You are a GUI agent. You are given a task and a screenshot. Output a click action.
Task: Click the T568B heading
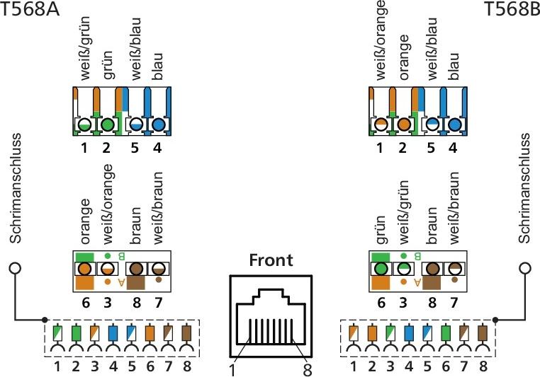click(x=511, y=9)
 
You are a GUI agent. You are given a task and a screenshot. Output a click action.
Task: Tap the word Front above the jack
click(x=271, y=260)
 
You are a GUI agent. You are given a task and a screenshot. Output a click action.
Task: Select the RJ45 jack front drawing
click(x=270, y=315)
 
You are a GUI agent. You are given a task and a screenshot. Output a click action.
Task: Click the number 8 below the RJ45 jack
click(x=307, y=369)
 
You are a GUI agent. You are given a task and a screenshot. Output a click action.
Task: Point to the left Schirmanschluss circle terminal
click(x=14, y=269)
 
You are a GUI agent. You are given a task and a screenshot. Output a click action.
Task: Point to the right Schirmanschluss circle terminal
click(x=525, y=269)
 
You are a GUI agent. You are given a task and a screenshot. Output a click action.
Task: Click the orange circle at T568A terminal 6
click(x=85, y=269)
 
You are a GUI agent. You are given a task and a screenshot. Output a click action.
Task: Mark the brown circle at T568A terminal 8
click(x=135, y=269)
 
